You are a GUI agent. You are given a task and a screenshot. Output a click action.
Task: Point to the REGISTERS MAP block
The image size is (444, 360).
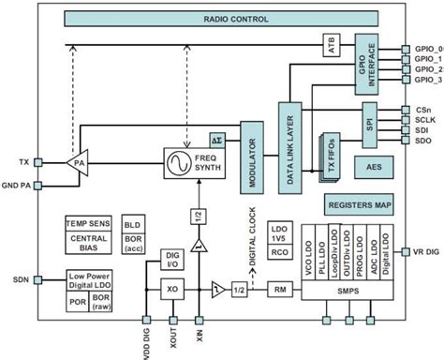(x=358, y=206)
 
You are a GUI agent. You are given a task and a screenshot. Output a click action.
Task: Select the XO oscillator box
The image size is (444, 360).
(x=172, y=290)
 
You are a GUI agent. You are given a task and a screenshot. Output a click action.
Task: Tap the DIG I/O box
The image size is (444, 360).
(x=172, y=258)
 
